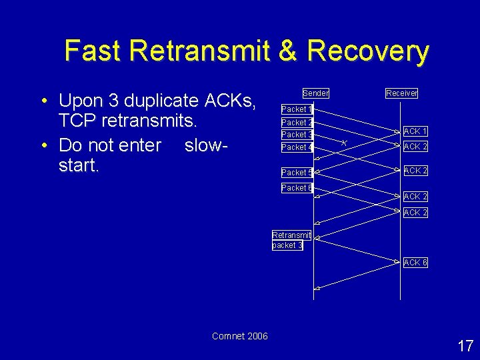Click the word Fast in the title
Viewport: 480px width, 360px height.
coord(93,51)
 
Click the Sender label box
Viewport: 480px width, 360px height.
coord(315,93)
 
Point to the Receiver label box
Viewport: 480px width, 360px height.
coord(401,93)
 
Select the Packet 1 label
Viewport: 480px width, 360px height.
coord(297,109)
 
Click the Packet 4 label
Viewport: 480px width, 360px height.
coord(297,147)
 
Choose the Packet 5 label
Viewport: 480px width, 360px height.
coord(297,173)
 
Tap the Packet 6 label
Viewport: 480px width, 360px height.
coord(297,188)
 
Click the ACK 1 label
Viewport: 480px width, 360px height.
coord(415,132)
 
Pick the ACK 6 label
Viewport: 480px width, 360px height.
coord(415,263)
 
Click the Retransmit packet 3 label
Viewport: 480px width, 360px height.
coord(291,240)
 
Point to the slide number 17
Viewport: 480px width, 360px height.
coord(465,346)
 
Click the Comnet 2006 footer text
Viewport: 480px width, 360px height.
coord(239,336)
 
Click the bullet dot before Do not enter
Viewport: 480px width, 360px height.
coord(43,145)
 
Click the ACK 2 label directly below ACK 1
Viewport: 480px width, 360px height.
coord(415,147)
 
